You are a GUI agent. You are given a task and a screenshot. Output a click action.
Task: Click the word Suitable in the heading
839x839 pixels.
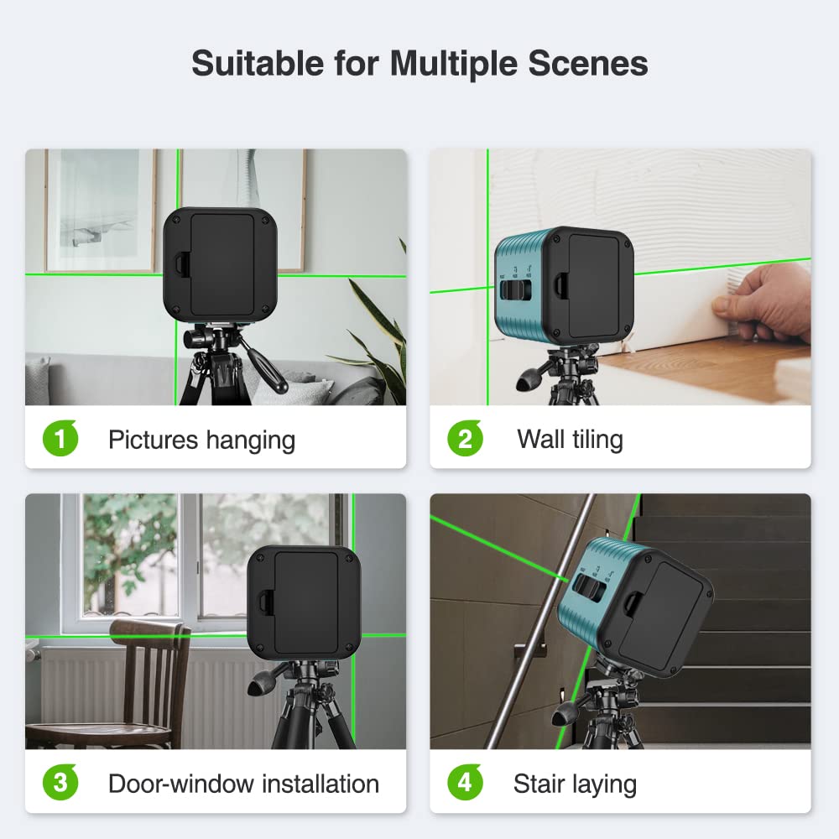click(x=258, y=63)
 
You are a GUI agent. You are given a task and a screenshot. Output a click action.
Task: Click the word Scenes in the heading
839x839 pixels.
click(x=588, y=63)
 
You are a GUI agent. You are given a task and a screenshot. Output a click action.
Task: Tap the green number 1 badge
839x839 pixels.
click(x=60, y=438)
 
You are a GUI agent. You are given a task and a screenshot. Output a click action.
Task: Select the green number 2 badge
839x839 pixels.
click(x=465, y=438)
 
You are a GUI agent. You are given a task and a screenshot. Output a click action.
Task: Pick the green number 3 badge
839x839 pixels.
click(x=60, y=782)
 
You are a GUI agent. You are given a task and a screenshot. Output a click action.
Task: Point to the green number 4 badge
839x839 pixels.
click(x=465, y=782)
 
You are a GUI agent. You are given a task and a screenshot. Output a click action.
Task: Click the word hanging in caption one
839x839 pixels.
click(x=250, y=441)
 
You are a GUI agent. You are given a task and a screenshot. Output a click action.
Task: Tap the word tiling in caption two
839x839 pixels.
click(x=597, y=440)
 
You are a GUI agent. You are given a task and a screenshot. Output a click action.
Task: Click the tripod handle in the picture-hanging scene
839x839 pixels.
click(x=264, y=364)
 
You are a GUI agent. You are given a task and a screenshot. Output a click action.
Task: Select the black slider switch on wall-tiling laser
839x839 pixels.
click(x=516, y=289)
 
